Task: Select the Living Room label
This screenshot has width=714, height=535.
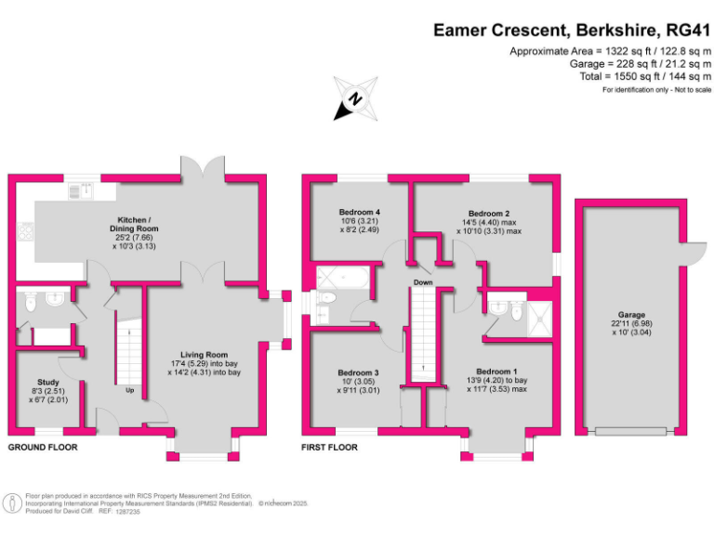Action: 205,355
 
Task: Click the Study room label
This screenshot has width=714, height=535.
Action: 48,382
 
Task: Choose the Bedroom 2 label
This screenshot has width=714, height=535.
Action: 488,213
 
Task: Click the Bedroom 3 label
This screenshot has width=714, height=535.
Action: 359,372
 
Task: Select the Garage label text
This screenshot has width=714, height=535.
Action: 632,315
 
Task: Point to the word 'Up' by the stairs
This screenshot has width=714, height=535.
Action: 130,390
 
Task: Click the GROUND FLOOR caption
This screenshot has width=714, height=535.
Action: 43,448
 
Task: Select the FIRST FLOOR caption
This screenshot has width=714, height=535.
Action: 329,448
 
